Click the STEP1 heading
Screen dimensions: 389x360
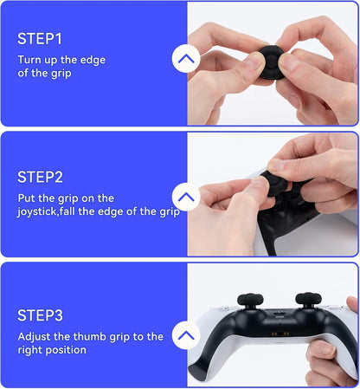pyautogui.click(x=40, y=39)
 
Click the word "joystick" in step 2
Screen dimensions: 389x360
pyautogui.click(x=40, y=212)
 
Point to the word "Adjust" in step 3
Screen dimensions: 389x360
pyautogui.click(x=35, y=336)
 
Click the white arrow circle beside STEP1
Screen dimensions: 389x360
pyautogui.click(x=186, y=60)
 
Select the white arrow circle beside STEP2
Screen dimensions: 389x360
pyautogui.click(x=186, y=198)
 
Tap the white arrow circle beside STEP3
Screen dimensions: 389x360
pyautogui.click(x=186, y=334)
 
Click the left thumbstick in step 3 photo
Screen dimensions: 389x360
pyautogui.click(x=241, y=304)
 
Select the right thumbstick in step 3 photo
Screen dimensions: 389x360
pyautogui.click(x=309, y=304)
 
